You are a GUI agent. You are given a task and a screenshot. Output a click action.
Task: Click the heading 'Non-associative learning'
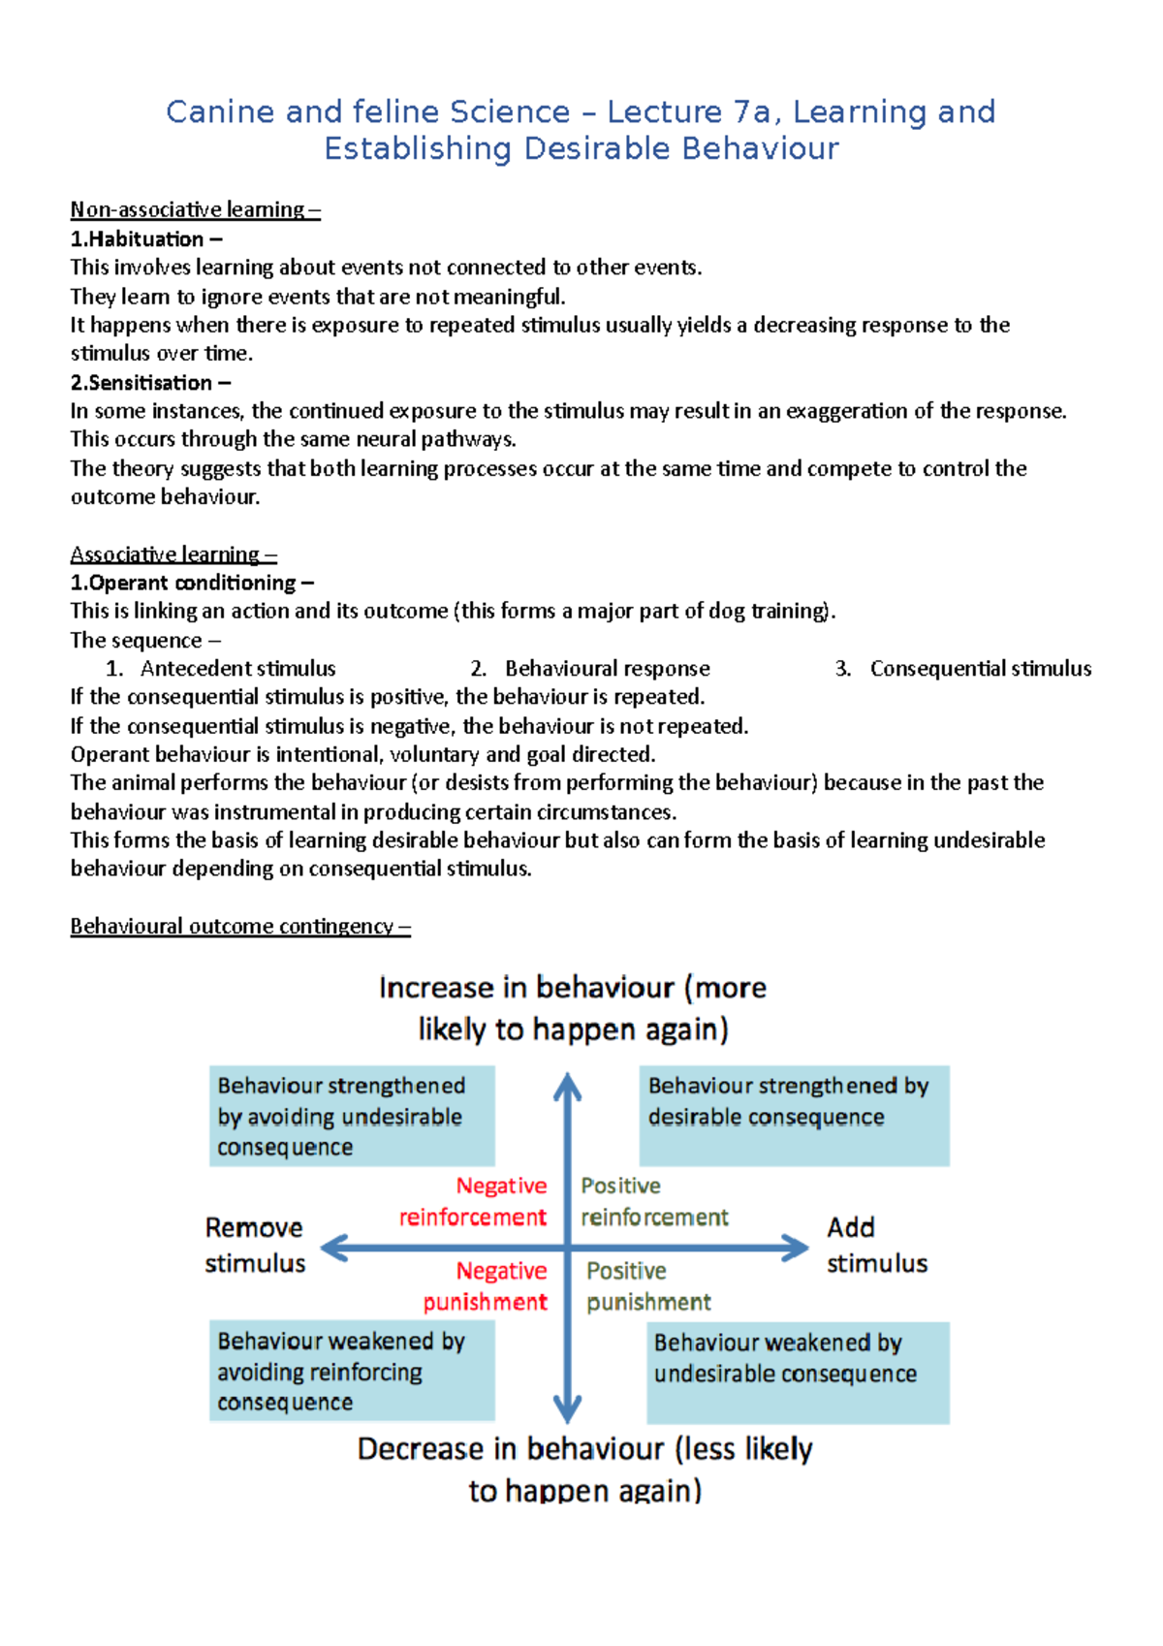[194, 209]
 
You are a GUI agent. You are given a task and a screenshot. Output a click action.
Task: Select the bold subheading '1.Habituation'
[145, 238]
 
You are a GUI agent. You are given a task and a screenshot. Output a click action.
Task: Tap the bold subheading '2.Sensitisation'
[150, 382]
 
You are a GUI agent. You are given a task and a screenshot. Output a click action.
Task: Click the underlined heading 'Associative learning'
[173, 554]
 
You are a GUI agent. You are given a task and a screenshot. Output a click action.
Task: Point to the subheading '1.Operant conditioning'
[191, 583]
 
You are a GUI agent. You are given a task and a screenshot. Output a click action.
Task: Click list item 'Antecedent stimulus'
[237, 668]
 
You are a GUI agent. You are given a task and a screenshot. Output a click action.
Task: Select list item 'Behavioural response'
[607, 668]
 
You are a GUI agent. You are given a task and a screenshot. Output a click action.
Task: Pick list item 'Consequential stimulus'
[980, 668]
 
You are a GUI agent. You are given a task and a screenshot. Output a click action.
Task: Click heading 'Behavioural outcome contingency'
[239, 926]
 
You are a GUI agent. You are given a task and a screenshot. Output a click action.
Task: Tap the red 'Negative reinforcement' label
[475, 1201]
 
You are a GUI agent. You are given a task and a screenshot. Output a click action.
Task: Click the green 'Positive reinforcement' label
[653, 1201]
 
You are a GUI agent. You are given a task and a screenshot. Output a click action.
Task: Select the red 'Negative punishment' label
[487, 1285]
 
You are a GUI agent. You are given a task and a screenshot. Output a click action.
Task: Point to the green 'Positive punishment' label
[647, 1285]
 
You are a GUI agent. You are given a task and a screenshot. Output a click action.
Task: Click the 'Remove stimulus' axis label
[255, 1245]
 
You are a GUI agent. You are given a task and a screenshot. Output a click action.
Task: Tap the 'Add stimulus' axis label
[876, 1245]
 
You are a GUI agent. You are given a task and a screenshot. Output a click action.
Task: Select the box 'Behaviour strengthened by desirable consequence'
[794, 1115]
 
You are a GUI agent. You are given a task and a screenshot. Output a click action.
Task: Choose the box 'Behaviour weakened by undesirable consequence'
[798, 1372]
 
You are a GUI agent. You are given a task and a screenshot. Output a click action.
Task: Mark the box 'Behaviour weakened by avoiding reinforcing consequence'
[352, 1371]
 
